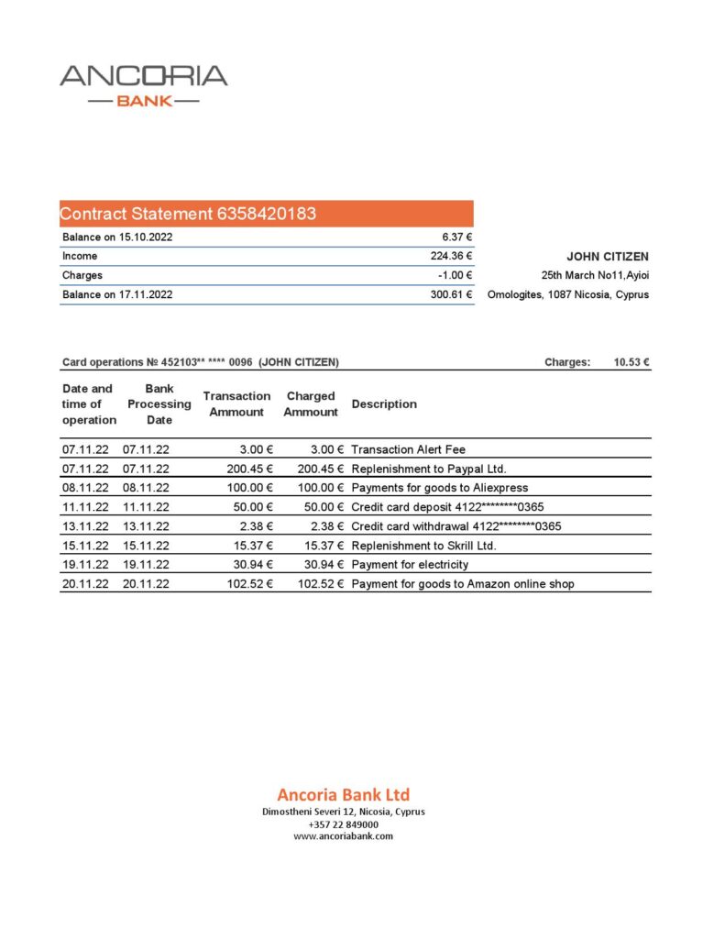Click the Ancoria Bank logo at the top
[144, 85]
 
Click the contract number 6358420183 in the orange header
[267, 214]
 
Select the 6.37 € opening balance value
[456, 237]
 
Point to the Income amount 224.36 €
[451, 256]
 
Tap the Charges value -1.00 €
[455, 275]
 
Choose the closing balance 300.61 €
[451, 294]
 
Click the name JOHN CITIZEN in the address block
[608, 257]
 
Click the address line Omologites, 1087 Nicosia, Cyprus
[568, 294]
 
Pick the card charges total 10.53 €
[632, 362]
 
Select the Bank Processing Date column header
[159, 403]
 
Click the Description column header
[384, 403]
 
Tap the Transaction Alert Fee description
[408, 449]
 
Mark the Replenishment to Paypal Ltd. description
[428, 469]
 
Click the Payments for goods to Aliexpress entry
[439, 488]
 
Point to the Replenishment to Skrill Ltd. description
[423, 546]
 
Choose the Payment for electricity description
[410, 565]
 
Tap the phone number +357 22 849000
[343, 824]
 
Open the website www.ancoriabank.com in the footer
[343, 836]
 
